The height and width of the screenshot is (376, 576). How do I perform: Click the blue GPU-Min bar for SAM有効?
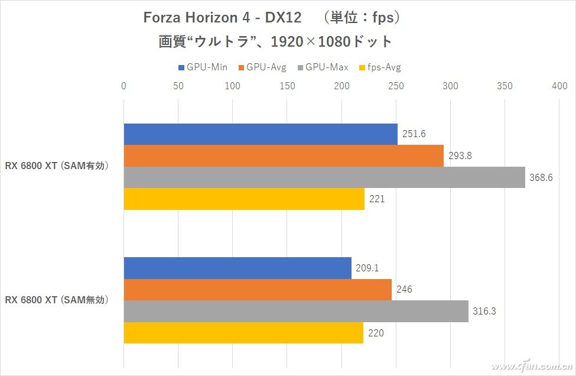[260, 134]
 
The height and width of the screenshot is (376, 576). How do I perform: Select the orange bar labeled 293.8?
[284, 156]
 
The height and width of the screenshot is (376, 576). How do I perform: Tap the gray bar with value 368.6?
[324, 177]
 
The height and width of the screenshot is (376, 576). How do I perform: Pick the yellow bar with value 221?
[244, 199]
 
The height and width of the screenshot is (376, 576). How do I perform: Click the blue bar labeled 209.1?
[237, 268]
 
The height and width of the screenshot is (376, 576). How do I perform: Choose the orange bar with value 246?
[258, 290]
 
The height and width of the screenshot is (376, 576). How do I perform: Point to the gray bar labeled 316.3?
[295, 312]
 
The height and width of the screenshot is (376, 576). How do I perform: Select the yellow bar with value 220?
[243, 333]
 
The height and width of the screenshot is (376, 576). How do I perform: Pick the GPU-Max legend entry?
[324, 67]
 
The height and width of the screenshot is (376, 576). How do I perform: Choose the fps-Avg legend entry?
[383, 67]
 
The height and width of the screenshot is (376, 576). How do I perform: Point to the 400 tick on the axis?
[559, 86]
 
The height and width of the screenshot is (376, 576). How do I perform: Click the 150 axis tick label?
[287, 86]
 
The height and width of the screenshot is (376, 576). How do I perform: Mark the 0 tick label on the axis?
[123, 86]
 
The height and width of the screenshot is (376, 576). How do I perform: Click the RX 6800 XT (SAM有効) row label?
[58, 166]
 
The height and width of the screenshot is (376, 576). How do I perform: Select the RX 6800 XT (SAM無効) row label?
[58, 300]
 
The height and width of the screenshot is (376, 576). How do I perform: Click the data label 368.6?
[541, 177]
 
